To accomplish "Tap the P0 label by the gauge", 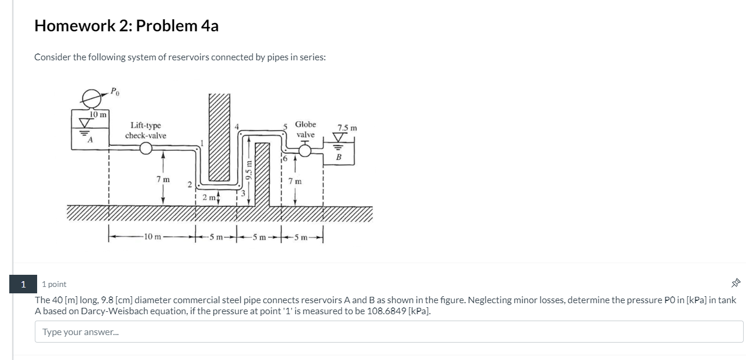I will click(116, 91).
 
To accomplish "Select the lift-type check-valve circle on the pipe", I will click(146, 149).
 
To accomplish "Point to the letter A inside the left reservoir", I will click(89, 140).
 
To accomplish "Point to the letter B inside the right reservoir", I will click(339, 157).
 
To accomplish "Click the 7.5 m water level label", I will click(347, 128).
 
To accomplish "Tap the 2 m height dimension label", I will click(209, 198).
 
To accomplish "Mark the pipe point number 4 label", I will click(236, 127).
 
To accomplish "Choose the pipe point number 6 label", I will click(285, 157).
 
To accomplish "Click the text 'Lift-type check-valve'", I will click(146, 130).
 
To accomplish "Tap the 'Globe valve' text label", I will click(305, 129).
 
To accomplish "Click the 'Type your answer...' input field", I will click(389, 332).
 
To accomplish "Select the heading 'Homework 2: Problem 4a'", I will click(126, 26).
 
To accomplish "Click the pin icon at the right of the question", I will click(736, 283).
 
